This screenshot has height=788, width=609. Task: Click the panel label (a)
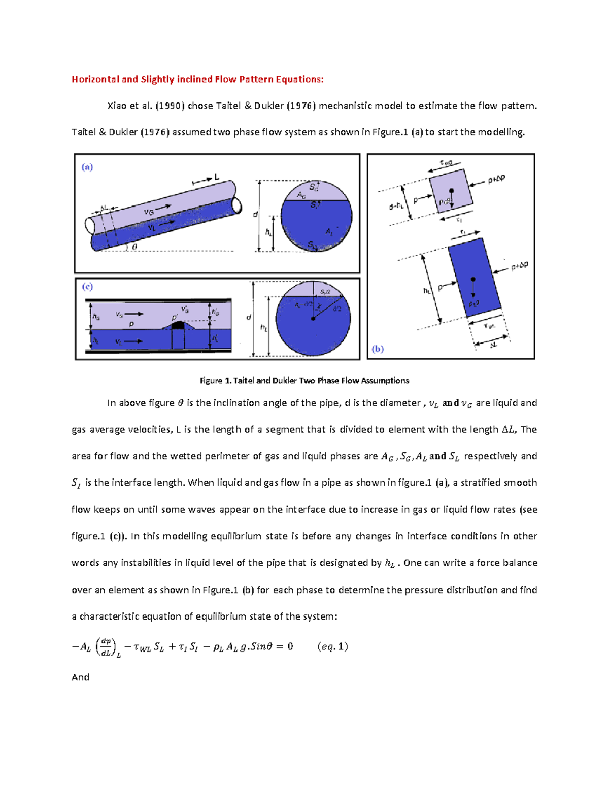(87, 167)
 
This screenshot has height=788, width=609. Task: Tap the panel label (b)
(378, 349)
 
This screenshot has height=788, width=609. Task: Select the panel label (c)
(87, 287)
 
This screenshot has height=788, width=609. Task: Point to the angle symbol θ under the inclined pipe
(134, 247)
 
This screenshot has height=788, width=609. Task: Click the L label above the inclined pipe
(217, 177)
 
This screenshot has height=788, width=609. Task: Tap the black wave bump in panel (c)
(178, 325)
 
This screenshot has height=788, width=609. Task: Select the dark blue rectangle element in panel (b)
(475, 279)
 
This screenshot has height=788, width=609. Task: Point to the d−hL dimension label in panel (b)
(396, 206)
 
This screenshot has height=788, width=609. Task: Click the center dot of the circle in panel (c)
(313, 319)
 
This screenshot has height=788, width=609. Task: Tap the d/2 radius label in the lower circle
(337, 309)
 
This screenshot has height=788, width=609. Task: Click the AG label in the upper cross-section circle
(301, 195)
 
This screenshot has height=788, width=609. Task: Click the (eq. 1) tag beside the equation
(332, 646)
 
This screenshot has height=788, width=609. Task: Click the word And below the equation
(80, 677)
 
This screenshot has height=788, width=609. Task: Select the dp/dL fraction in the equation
(106, 647)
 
